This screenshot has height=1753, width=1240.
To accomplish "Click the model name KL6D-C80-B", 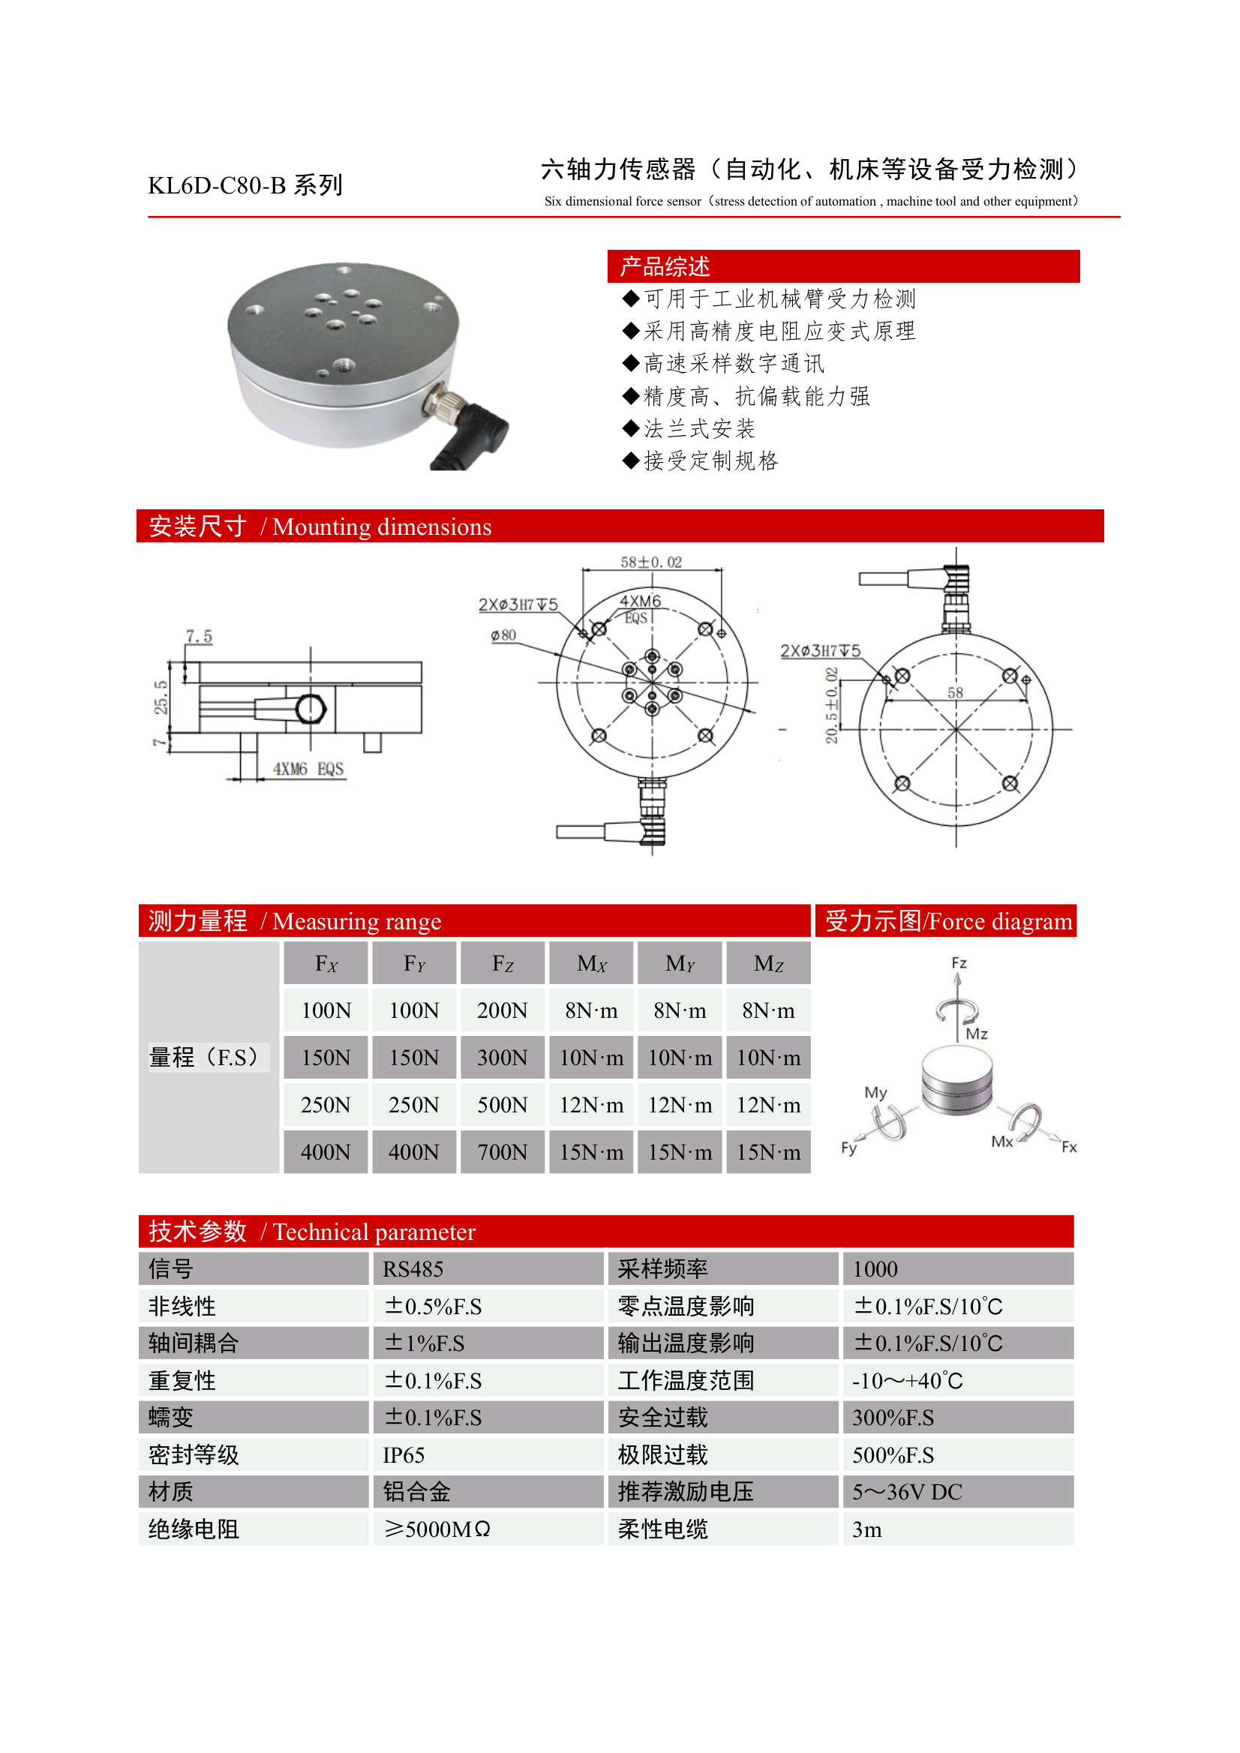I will click(x=217, y=185).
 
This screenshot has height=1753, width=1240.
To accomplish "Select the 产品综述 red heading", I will click(x=665, y=266).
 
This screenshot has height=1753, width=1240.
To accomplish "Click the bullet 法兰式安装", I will click(x=698, y=428).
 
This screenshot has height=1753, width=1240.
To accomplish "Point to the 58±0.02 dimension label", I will click(x=650, y=562).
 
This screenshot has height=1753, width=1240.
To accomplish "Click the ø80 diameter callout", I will click(x=503, y=635).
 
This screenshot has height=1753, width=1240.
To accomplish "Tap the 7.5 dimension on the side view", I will click(x=199, y=636).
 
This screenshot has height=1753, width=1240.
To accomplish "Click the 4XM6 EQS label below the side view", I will click(x=308, y=769).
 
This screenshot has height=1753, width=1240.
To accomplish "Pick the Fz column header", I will click(x=503, y=964).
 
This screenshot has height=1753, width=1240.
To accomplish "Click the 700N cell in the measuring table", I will click(x=503, y=1152).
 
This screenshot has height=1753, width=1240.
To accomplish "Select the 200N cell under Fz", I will click(x=503, y=1010).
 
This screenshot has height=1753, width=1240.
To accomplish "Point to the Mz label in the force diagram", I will click(x=977, y=1034).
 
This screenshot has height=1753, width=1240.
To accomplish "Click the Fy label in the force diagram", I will click(x=849, y=1148).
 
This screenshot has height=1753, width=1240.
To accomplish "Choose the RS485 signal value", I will click(x=413, y=1269).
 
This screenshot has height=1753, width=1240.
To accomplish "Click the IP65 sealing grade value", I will click(x=403, y=1455).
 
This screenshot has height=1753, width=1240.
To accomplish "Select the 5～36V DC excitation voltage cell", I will click(x=907, y=1492).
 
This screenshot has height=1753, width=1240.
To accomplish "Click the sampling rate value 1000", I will click(x=875, y=1269).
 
